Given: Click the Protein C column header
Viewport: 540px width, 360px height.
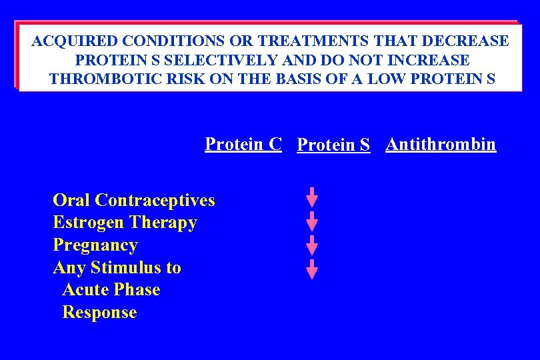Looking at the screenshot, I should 243,144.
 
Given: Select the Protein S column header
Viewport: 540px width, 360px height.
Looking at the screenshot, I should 333,145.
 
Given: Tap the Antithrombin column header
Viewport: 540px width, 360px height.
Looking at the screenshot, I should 441,144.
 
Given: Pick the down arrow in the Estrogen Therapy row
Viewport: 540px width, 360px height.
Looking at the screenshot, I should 312,221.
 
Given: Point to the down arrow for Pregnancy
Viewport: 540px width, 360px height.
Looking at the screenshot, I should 312,244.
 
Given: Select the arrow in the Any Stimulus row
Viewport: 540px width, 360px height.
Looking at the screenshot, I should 312,268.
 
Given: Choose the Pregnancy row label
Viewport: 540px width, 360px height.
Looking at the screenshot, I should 95,245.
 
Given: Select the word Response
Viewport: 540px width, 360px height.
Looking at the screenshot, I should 99,313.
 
